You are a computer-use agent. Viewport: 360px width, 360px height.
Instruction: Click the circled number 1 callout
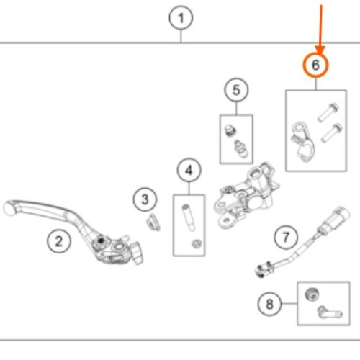(181, 18)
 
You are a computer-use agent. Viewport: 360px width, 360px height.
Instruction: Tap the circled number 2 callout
(59, 241)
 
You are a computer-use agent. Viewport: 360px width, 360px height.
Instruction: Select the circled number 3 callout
(145, 199)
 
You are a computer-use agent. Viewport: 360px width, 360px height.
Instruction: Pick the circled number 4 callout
(189, 170)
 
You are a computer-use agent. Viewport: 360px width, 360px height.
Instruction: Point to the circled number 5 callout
(236, 90)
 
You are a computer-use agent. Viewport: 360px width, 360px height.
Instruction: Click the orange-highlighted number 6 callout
(315, 65)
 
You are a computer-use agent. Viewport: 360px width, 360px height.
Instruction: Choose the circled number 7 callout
(286, 238)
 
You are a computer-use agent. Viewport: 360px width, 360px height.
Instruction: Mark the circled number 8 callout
(269, 304)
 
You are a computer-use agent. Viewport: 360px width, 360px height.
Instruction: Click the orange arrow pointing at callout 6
(320, 29)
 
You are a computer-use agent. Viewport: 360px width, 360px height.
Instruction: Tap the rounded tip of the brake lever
(9, 208)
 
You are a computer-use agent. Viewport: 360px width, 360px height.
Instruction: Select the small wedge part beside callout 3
(153, 222)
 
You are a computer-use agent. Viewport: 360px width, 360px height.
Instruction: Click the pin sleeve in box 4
(189, 217)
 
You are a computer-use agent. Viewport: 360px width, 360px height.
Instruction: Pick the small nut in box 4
(197, 244)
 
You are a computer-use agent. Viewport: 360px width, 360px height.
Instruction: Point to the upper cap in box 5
(230, 130)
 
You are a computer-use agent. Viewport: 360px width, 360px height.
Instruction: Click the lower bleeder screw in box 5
(241, 148)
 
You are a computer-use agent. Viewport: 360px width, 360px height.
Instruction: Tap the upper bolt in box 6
(328, 112)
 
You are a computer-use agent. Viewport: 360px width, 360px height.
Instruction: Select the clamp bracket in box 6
(302, 142)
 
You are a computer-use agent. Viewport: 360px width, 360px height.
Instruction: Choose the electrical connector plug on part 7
(336, 218)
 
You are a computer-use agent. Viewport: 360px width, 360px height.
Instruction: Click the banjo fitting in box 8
(330, 312)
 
